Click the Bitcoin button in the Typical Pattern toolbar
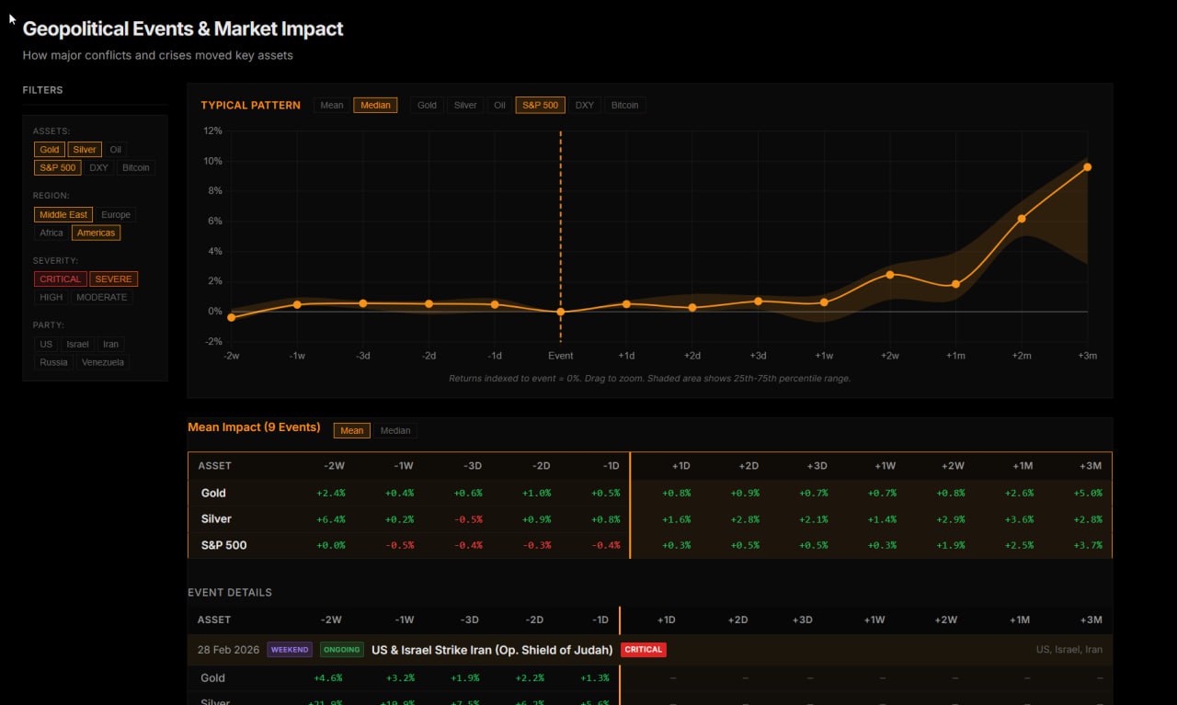coord(624,105)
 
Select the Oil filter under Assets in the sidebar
coord(115,150)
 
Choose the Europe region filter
coord(116,215)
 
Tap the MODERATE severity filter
coord(102,298)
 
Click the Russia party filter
coord(53,362)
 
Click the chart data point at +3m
coord(1087,167)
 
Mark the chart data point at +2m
coord(1022,219)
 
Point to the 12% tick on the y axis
coord(212,131)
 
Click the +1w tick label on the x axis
coord(824,356)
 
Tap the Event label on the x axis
coord(560,356)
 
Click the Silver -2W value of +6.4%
coord(330,519)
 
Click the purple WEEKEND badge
coord(290,650)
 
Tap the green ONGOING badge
coord(341,650)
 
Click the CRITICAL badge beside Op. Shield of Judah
coord(643,650)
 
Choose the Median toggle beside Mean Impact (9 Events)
coord(395,430)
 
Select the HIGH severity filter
coord(51,298)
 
